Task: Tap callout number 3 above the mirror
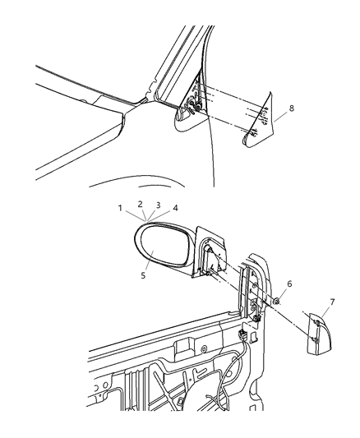(158, 205)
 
